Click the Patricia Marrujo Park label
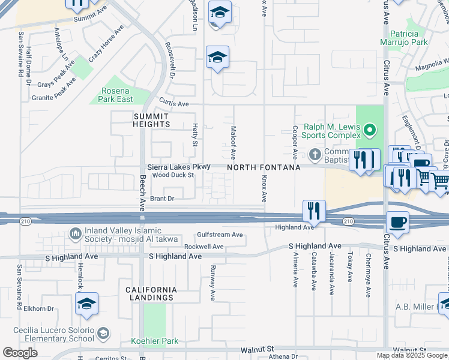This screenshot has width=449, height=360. coord(403,38)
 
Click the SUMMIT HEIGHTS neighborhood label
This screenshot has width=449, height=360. coord(152,120)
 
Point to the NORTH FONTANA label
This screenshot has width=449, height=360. coord(264,167)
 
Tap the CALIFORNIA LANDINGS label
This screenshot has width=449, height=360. coord(151,293)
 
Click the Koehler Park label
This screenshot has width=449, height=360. coord(155,341)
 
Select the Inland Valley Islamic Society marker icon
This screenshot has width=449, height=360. coord(76,233)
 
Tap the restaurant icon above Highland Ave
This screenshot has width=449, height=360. coord(314,211)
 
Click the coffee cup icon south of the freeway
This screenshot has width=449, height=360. coord(397,223)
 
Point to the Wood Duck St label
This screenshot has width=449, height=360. coord(173,175)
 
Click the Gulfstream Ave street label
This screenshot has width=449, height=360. coord(220,235)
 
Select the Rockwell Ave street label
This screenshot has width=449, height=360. coord(203,247)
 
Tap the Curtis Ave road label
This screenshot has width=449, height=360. coord(174,104)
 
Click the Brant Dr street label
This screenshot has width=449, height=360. coord(161,198)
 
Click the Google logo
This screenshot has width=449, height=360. coord(20,352)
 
